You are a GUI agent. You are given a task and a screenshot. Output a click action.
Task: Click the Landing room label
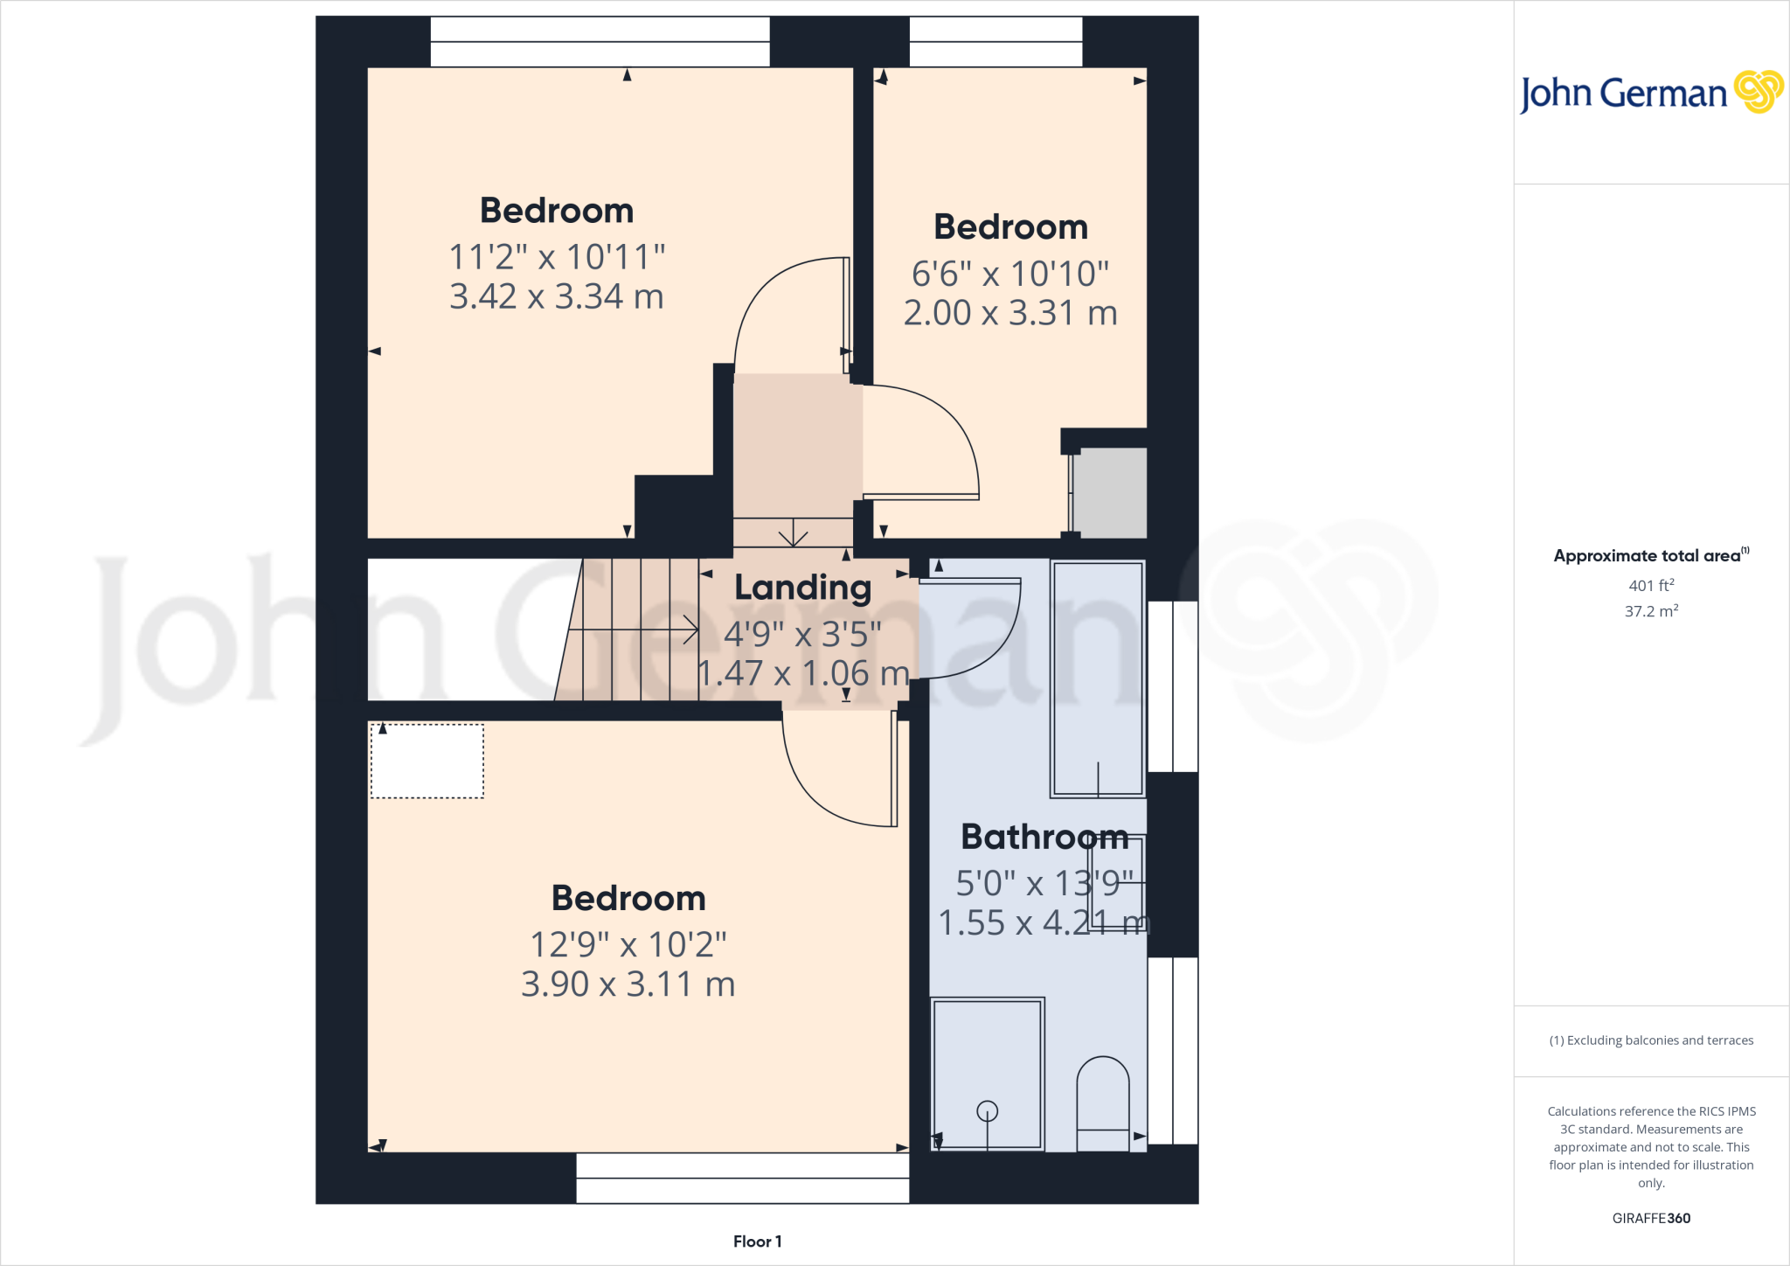tap(802, 588)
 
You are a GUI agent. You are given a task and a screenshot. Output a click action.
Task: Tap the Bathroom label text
tap(1044, 837)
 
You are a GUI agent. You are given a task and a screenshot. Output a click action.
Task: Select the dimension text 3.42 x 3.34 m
tap(557, 296)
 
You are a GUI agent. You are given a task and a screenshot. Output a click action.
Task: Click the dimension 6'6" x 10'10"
tap(1010, 274)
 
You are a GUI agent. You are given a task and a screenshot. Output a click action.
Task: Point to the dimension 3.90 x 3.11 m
tap(628, 984)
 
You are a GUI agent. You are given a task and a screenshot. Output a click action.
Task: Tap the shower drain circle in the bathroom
tap(988, 1111)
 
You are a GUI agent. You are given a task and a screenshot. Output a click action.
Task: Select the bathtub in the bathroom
tap(1098, 678)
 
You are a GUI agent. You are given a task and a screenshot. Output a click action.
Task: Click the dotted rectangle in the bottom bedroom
tap(427, 761)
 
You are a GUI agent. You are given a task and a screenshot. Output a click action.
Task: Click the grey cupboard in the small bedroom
tap(1109, 493)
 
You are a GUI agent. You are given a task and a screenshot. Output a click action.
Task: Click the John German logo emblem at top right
tap(1758, 92)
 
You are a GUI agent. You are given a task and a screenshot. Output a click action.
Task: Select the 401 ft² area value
tap(1651, 586)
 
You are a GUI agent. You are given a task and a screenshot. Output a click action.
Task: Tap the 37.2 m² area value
tap(1651, 611)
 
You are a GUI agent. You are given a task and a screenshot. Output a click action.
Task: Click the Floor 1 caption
tap(757, 1242)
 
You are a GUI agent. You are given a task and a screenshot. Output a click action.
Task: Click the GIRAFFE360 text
tap(1651, 1218)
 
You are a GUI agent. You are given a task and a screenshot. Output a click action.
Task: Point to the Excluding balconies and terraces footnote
tap(1651, 1040)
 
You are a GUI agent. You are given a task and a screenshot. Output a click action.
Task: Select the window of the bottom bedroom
tap(742, 1178)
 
